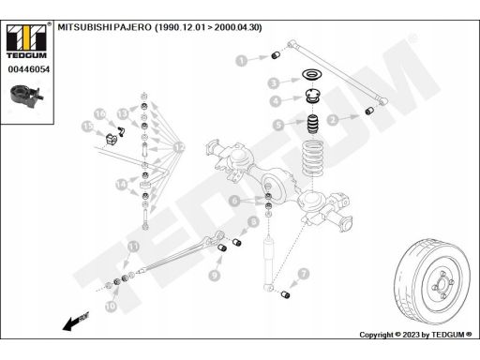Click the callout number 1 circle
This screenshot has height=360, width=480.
tap(241, 61)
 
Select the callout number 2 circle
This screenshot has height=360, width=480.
tap(333, 120)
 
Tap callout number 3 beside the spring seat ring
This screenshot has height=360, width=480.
tap(274, 83)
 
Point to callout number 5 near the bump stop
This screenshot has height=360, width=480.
tap(278, 125)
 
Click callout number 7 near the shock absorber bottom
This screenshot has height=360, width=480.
tap(304, 274)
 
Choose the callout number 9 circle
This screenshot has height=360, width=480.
tap(215, 275)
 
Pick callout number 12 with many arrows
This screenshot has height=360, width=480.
tap(179, 147)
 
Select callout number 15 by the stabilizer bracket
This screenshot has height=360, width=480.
tap(87, 127)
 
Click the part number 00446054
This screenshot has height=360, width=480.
tap(29, 69)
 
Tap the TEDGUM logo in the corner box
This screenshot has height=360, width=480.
tap(26, 40)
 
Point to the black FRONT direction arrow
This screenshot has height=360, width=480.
tap(76, 321)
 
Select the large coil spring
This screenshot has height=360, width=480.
tap(312, 157)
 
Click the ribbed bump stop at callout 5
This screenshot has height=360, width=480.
tap(312, 124)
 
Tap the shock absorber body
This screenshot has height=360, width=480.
tap(268, 252)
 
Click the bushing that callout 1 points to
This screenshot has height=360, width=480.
tap(275, 55)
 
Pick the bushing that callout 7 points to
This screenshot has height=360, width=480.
tap(285, 294)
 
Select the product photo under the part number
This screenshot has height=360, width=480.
tap(26, 96)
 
